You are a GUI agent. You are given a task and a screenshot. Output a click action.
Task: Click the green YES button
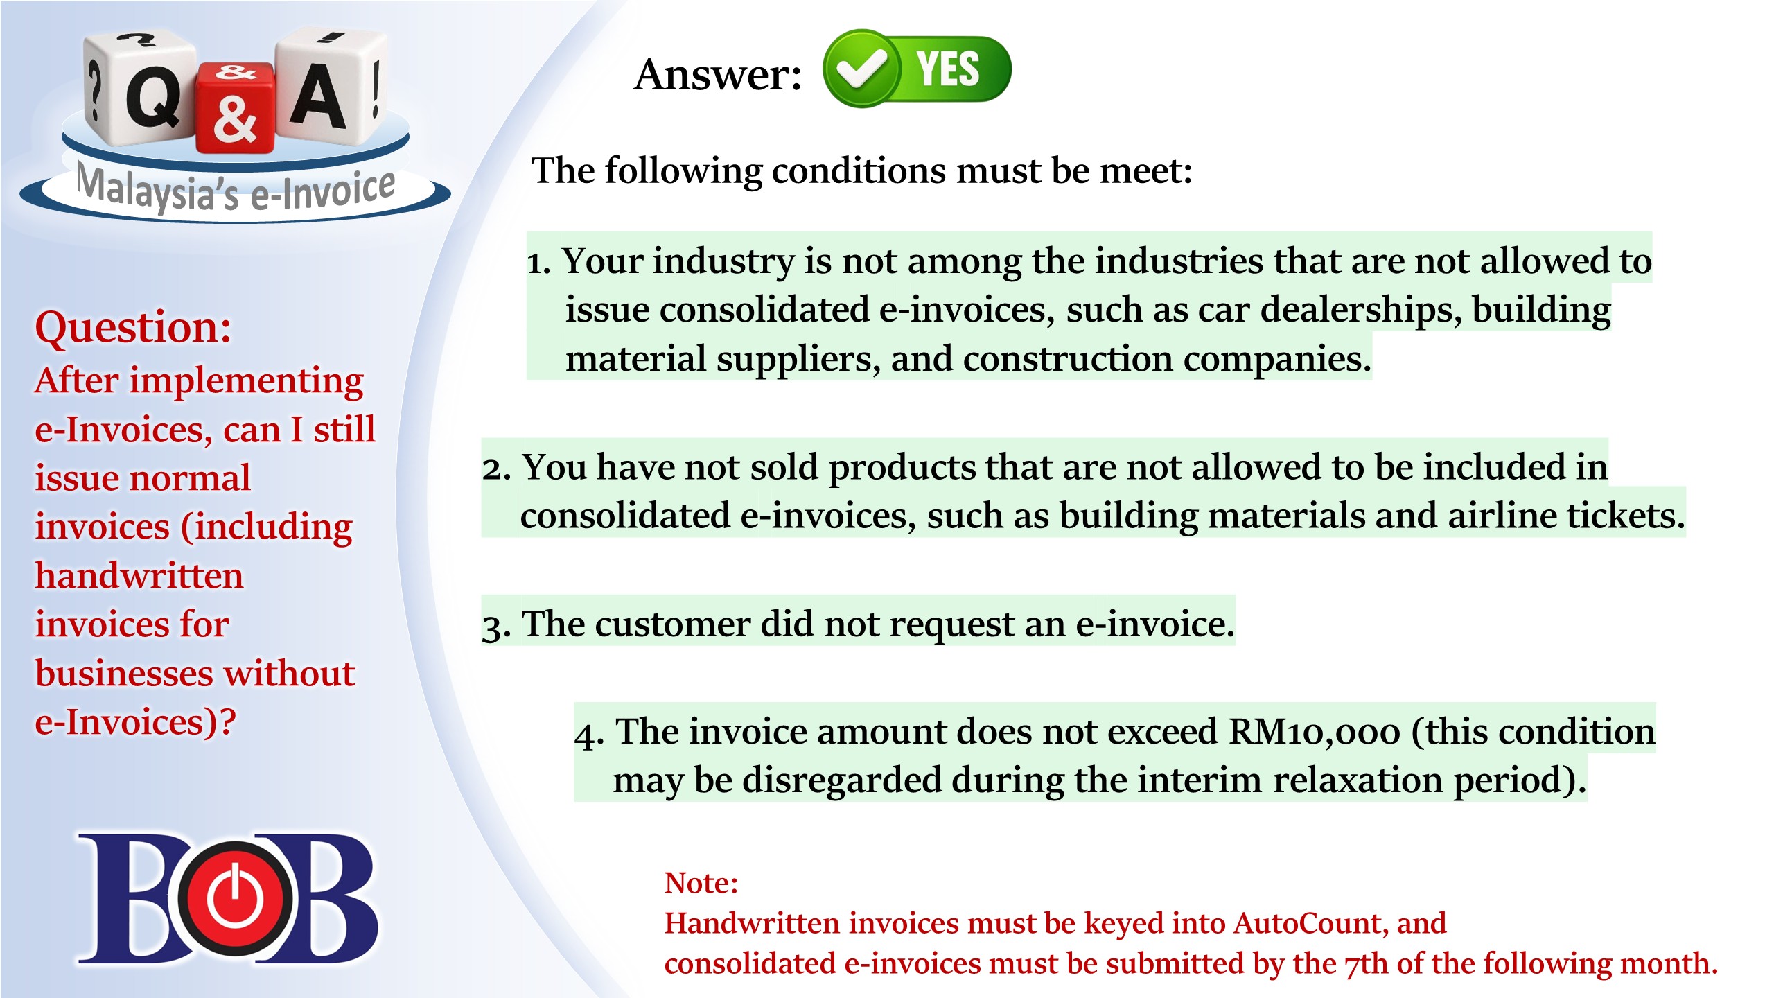917,69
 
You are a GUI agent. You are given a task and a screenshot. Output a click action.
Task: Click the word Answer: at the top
718,74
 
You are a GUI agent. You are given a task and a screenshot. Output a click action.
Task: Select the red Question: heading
133,327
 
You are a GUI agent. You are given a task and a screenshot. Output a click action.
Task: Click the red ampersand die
235,107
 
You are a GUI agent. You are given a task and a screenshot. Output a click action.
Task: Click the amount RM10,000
1314,732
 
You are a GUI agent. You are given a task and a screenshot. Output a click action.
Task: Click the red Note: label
701,883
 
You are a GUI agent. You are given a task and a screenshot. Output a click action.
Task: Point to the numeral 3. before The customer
496,626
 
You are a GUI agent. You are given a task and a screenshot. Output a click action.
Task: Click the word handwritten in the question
139,576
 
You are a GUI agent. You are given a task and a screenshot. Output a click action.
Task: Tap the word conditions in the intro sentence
858,171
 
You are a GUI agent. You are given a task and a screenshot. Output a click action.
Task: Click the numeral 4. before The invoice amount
589,735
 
